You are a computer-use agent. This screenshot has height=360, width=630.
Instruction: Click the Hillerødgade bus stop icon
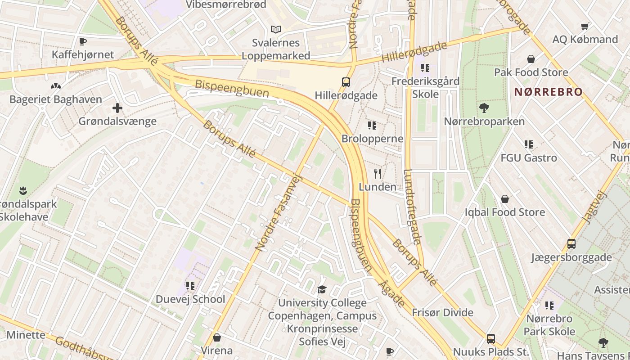pos(346,82)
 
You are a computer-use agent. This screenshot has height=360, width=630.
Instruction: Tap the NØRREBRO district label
pos(548,92)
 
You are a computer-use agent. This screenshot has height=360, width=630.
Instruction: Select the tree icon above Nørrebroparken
pos(484,108)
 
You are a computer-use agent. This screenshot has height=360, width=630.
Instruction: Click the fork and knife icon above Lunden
pos(378,174)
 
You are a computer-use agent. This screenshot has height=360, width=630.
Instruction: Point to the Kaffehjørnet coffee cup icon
pos(83,42)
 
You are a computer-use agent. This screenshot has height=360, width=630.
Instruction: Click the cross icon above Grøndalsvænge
pos(117,108)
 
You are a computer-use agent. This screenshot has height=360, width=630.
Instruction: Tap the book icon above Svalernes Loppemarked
pos(276,30)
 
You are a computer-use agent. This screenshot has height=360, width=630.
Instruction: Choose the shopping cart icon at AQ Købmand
pos(585,26)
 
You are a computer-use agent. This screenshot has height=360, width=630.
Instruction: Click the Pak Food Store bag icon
pos(531,59)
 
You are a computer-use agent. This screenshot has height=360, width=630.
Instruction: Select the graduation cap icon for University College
pos(322,289)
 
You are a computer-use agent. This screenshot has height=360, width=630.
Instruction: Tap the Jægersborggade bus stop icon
pos(571,244)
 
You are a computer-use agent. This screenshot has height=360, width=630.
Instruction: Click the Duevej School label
pos(190,299)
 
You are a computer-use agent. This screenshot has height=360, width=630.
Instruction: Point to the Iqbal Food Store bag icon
pos(505,199)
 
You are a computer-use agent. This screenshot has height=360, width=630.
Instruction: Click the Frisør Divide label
pos(443,313)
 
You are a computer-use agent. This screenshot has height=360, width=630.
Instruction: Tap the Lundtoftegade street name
pos(413,207)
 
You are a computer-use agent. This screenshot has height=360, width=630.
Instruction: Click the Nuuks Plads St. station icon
pos(491,338)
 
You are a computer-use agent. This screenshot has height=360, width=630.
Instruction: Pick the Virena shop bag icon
pos(217,337)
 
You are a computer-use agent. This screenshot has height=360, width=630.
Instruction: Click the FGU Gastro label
pos(529,158)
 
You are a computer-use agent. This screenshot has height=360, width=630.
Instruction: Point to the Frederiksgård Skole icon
pos(425,68)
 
